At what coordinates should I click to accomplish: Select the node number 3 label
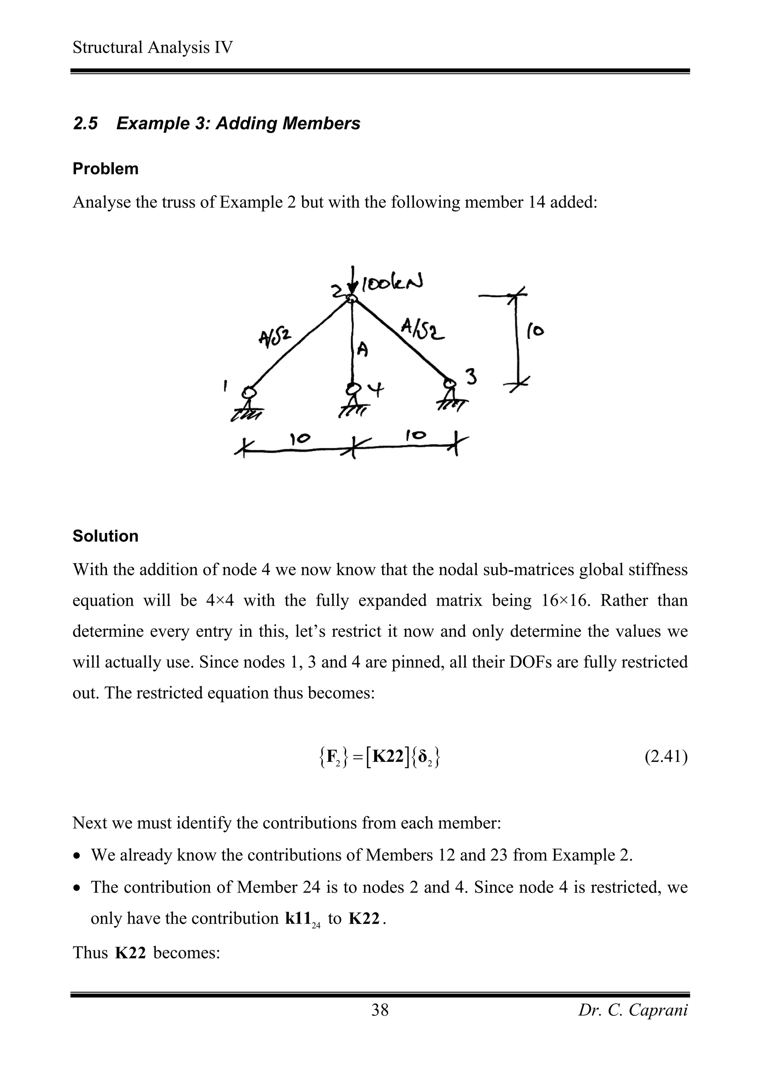[471, 377]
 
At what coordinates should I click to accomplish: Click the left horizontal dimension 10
[300, 439]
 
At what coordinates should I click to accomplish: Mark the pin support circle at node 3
[450, 384]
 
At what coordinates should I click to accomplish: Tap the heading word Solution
[105, 536]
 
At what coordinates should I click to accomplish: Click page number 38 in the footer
[380, 1010]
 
